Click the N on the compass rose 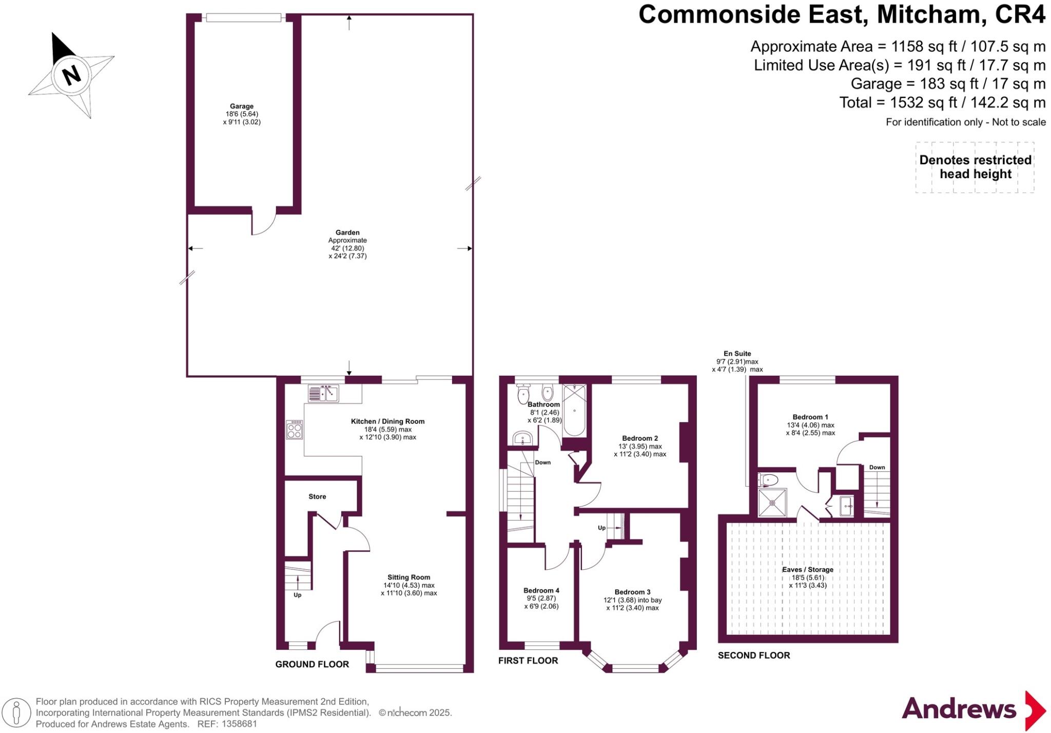pyautogui.click(x=72, y=75)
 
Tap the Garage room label pyautogui.click(x=241, y=106)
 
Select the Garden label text pyautogui.click(x=347, y=233)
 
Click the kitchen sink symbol pyautogui.click(x=323, y=393)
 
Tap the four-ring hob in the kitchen pyautogui.click(x=295, y=430)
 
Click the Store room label pyautogui.click(x=317, y=496)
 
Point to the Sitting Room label pyautogui.click(x=408, y=577)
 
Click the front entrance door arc pyautogui.click(x=327, y=633)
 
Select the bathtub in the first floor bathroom pyautogui.click(x=574, y=411)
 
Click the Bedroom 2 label pyautogui.click(x=640, y=438)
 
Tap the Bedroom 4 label pyautogui.click(x=541, y=590)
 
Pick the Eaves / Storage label pyautogui.click(x=808, y=569)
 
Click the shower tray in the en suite pyautogui.click(x=772, y=503)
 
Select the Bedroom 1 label pyautogui.click(x=810, y=417)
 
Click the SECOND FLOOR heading pyautogui.click(x=753, y=655)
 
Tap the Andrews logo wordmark pyautogui.click(x=959, y=709)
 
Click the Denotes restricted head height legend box pyautogui.click(x=975, y=167)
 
